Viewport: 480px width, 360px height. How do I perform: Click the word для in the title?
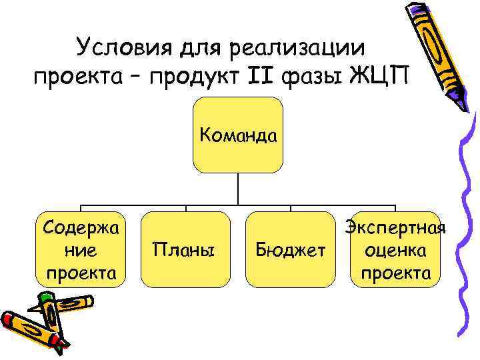(199, 49)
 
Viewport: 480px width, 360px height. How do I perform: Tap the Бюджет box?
(291, 251)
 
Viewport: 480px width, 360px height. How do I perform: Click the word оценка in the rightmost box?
(395, 251)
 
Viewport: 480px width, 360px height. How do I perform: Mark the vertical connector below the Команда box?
(238, 189)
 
